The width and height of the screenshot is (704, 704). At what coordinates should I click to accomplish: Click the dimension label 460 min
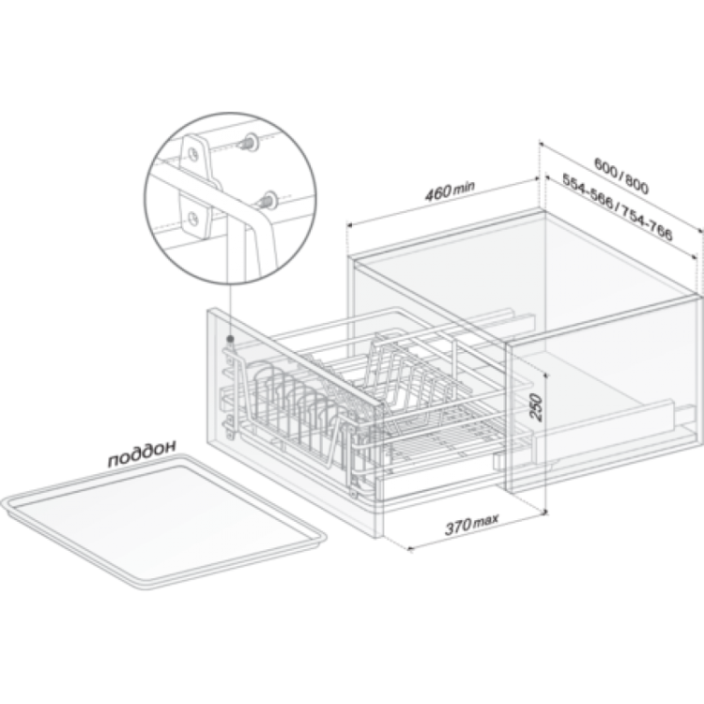(450, 191)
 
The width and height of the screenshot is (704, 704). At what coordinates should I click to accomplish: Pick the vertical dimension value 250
(536, 406)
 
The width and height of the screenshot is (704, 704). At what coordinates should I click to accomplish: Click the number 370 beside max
(458, 527)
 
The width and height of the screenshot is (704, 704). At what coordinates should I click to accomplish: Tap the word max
(486, 520)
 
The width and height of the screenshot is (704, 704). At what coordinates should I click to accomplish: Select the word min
(465, 187)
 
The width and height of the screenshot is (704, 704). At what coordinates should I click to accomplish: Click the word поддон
(142, 453)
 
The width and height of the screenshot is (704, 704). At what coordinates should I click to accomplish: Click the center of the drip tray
(164, 521)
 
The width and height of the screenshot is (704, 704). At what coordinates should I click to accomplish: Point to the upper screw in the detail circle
(247, 142)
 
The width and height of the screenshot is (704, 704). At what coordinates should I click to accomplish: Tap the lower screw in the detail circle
(268, 200)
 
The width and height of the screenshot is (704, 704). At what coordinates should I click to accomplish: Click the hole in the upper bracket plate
(193, 154)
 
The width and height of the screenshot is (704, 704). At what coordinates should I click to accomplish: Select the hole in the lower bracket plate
(193, 219)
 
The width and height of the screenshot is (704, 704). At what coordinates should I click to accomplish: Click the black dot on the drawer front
(230, 339)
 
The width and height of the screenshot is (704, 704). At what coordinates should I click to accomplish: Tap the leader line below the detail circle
(229, 310)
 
